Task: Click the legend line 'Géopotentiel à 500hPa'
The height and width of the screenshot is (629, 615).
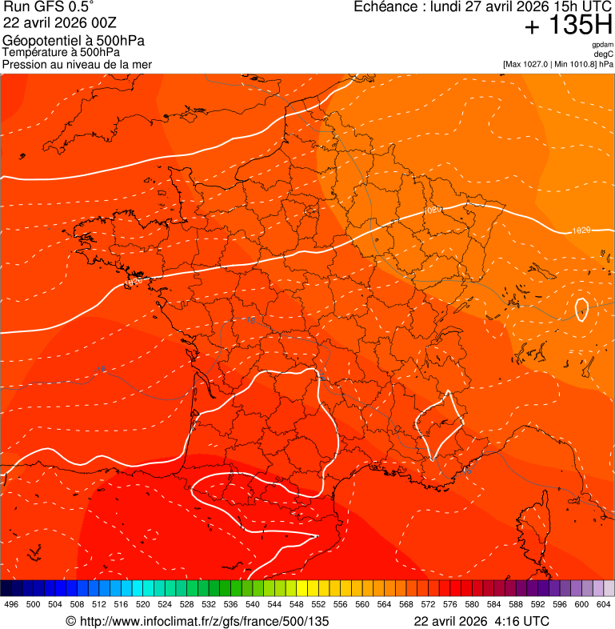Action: (74, 41)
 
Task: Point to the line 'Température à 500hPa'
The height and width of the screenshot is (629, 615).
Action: (61, 53)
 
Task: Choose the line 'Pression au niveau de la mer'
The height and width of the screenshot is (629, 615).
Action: (77, 64)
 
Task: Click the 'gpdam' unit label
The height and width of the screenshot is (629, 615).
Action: (602, 46)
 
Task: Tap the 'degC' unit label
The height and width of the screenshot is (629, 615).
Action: (604, 54)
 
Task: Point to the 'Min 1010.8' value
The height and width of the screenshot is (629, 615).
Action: (577, 64)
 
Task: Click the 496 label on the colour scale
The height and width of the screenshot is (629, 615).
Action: (11, 604)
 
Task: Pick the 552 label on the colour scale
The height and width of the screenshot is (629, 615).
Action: (318, 604)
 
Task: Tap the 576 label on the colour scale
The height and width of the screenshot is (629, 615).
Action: (449, 604)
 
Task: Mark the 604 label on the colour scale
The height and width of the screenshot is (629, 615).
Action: (603, 604)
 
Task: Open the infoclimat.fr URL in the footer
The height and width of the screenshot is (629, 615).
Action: (204, 621)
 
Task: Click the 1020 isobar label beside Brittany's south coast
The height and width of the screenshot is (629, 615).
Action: (133, 282)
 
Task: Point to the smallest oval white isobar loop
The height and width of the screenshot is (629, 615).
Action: (581, 310)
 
